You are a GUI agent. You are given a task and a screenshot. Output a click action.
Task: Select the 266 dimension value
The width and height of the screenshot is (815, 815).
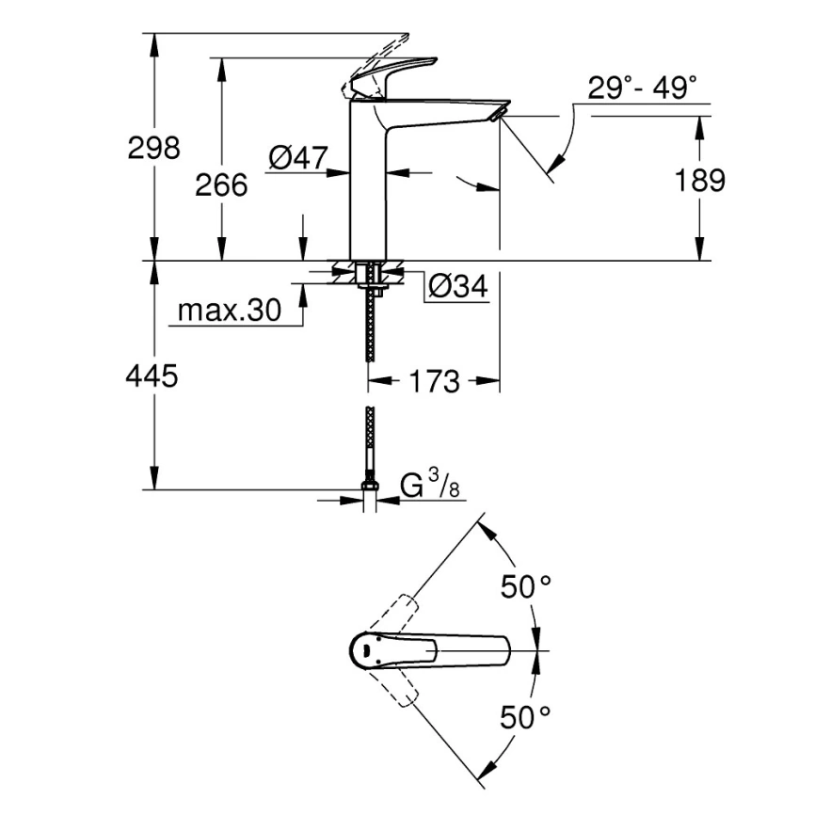point(221,185)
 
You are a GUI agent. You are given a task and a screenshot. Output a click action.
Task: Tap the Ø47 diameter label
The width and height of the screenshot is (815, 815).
point(296,159)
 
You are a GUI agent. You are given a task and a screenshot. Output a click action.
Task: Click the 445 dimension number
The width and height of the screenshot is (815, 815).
point(152,377)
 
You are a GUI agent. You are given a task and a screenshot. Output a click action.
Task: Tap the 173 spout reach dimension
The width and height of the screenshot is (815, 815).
point(434,381)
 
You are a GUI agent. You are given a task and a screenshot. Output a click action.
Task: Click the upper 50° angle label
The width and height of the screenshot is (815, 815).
point(524,588)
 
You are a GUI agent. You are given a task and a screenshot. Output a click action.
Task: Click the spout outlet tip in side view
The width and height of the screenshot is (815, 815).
point(499,114)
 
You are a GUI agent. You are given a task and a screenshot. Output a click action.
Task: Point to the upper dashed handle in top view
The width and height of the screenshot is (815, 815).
point(395,616)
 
